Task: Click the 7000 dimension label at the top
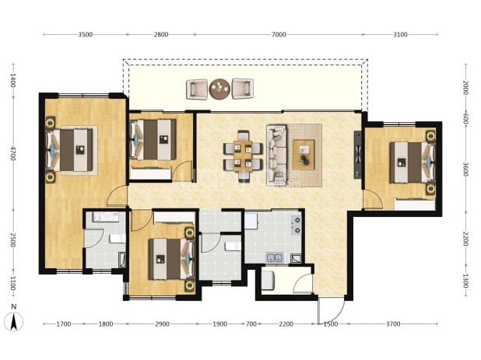click(279, 35)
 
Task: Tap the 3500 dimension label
click(86, 35)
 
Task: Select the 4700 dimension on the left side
click(13, 153)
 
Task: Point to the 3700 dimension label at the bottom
click(393, 324)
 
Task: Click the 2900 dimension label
click(162, 324)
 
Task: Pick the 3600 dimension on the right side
click(465, 170)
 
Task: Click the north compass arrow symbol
click(13, 322)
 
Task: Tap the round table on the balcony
click(219, 89)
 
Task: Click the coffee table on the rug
click(304, 155)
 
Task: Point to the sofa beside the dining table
click(276, 155)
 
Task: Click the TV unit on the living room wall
click(358, 155)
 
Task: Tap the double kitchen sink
click(275, 258)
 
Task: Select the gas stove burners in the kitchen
click(297, 225)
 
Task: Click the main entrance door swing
click(332, 309)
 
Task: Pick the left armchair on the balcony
click(197, 89)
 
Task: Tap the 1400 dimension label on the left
click(13, 80)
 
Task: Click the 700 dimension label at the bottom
click(251, 324)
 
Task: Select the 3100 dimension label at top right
click(400, 35)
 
